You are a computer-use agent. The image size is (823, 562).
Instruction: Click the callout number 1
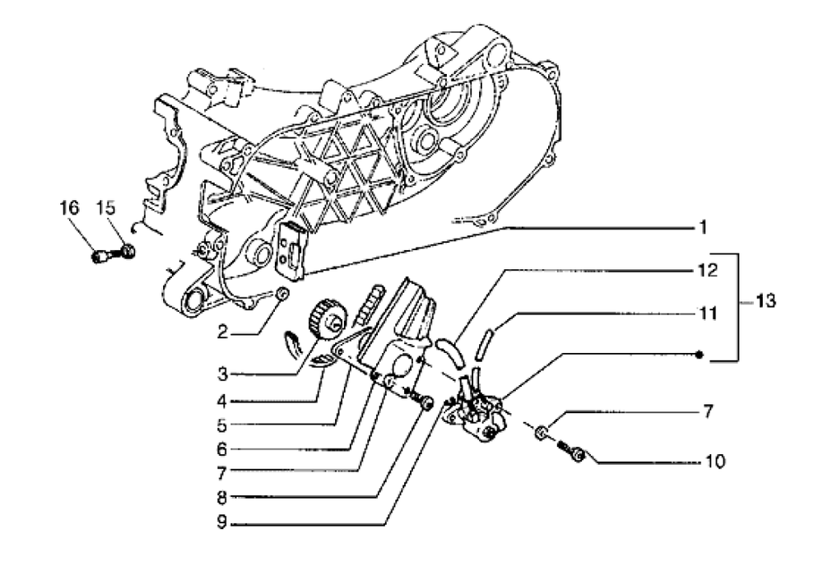tap(703, 228)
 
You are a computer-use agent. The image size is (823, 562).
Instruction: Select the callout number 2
tap(223, 332)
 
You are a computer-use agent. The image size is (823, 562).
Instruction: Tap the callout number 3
tap(222, 374)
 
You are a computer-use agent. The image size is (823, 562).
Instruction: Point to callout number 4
tap(222, 402)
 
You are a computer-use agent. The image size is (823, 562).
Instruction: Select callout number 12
tap(708, 271)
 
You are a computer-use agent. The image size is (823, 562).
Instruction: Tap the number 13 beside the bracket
tap(765, 301)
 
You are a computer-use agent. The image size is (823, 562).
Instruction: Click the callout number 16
tap(69, 208)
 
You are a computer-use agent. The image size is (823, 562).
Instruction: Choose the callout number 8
tap(222, 498)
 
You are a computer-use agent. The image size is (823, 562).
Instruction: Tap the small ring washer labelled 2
tap(281, 293)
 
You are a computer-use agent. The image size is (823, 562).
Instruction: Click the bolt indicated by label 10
tap(571, 451)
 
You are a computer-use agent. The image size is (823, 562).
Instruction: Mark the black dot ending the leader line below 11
tap(699, 355)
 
